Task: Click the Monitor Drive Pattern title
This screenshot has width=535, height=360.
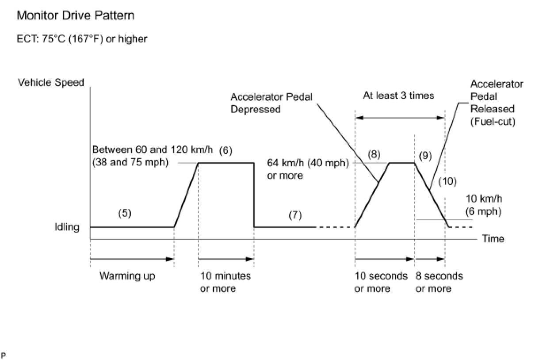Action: point(75,16)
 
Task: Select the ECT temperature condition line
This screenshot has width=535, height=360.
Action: point(81,39)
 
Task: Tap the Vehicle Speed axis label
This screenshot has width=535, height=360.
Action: point(51,82)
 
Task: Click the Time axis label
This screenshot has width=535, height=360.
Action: point(493,239)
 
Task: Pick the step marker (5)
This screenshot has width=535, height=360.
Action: point(125,213)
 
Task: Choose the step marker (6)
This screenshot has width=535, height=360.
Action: point(225,151)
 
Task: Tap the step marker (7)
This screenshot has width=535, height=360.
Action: point(295,215)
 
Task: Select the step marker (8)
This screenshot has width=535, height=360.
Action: point(374,155)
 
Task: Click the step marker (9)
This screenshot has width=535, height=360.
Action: point(425,156)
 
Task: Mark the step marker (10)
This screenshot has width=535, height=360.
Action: point(447,181)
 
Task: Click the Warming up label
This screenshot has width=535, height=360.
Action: point(127,276)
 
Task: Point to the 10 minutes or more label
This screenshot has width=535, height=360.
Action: point(225,282)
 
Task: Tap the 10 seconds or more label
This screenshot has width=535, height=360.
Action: point(381,282)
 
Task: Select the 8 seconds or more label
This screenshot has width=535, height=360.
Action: point(439,282)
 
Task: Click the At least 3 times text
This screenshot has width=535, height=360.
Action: point(398,96)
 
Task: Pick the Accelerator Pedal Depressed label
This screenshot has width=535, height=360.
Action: point(271,103)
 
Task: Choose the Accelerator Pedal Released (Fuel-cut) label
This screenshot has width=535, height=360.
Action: point(496,103)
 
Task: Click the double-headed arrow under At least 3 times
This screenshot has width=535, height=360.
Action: point(400,118)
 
